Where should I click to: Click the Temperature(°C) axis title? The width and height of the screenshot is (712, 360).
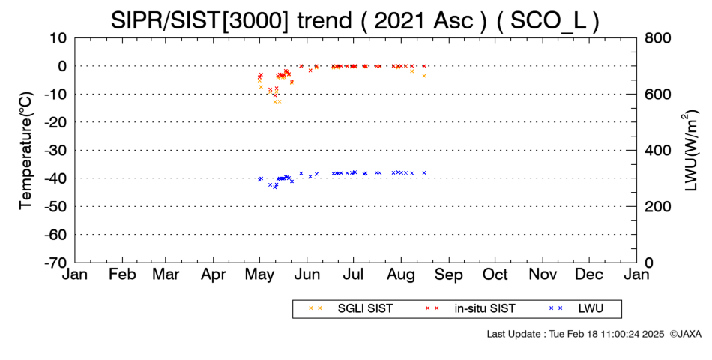pyautogui.click(x=26, y=151)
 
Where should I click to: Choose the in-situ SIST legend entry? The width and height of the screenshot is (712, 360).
pyautogui.click(x=470, y=308)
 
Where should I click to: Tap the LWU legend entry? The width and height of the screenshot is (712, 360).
pyautogui.click(x=576, y=308)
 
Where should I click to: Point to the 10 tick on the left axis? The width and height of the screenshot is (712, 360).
pyautogui.click(x=58, y=37)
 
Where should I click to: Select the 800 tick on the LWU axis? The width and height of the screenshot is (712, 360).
pyautogui.click(x=657, y=37)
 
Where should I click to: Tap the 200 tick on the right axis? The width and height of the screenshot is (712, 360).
pyautogui.click(x=657, y=206)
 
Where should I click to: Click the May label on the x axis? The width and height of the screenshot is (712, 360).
pyautogui.click(x=260, y=274)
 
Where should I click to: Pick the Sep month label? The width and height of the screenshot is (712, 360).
pyautogui.click(x=449, y=274)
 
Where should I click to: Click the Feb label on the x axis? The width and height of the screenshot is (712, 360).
pyautogui.click(x=123, y=274)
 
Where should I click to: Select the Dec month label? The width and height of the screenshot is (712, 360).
pyautogui.click(x=589, y=274)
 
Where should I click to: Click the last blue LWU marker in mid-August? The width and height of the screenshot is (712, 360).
pyautogui.click(x=424, y=172)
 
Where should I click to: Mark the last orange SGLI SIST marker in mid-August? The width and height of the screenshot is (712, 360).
pyautogui.click(x=424, y=76)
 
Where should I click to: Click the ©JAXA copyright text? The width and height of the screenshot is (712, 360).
pyautogui.click(x=685, y=334)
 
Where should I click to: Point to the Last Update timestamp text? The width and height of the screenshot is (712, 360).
pyautogui.click(x=576, y=334)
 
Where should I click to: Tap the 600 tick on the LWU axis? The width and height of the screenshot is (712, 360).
pyautogui.click(x=657, y=94)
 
